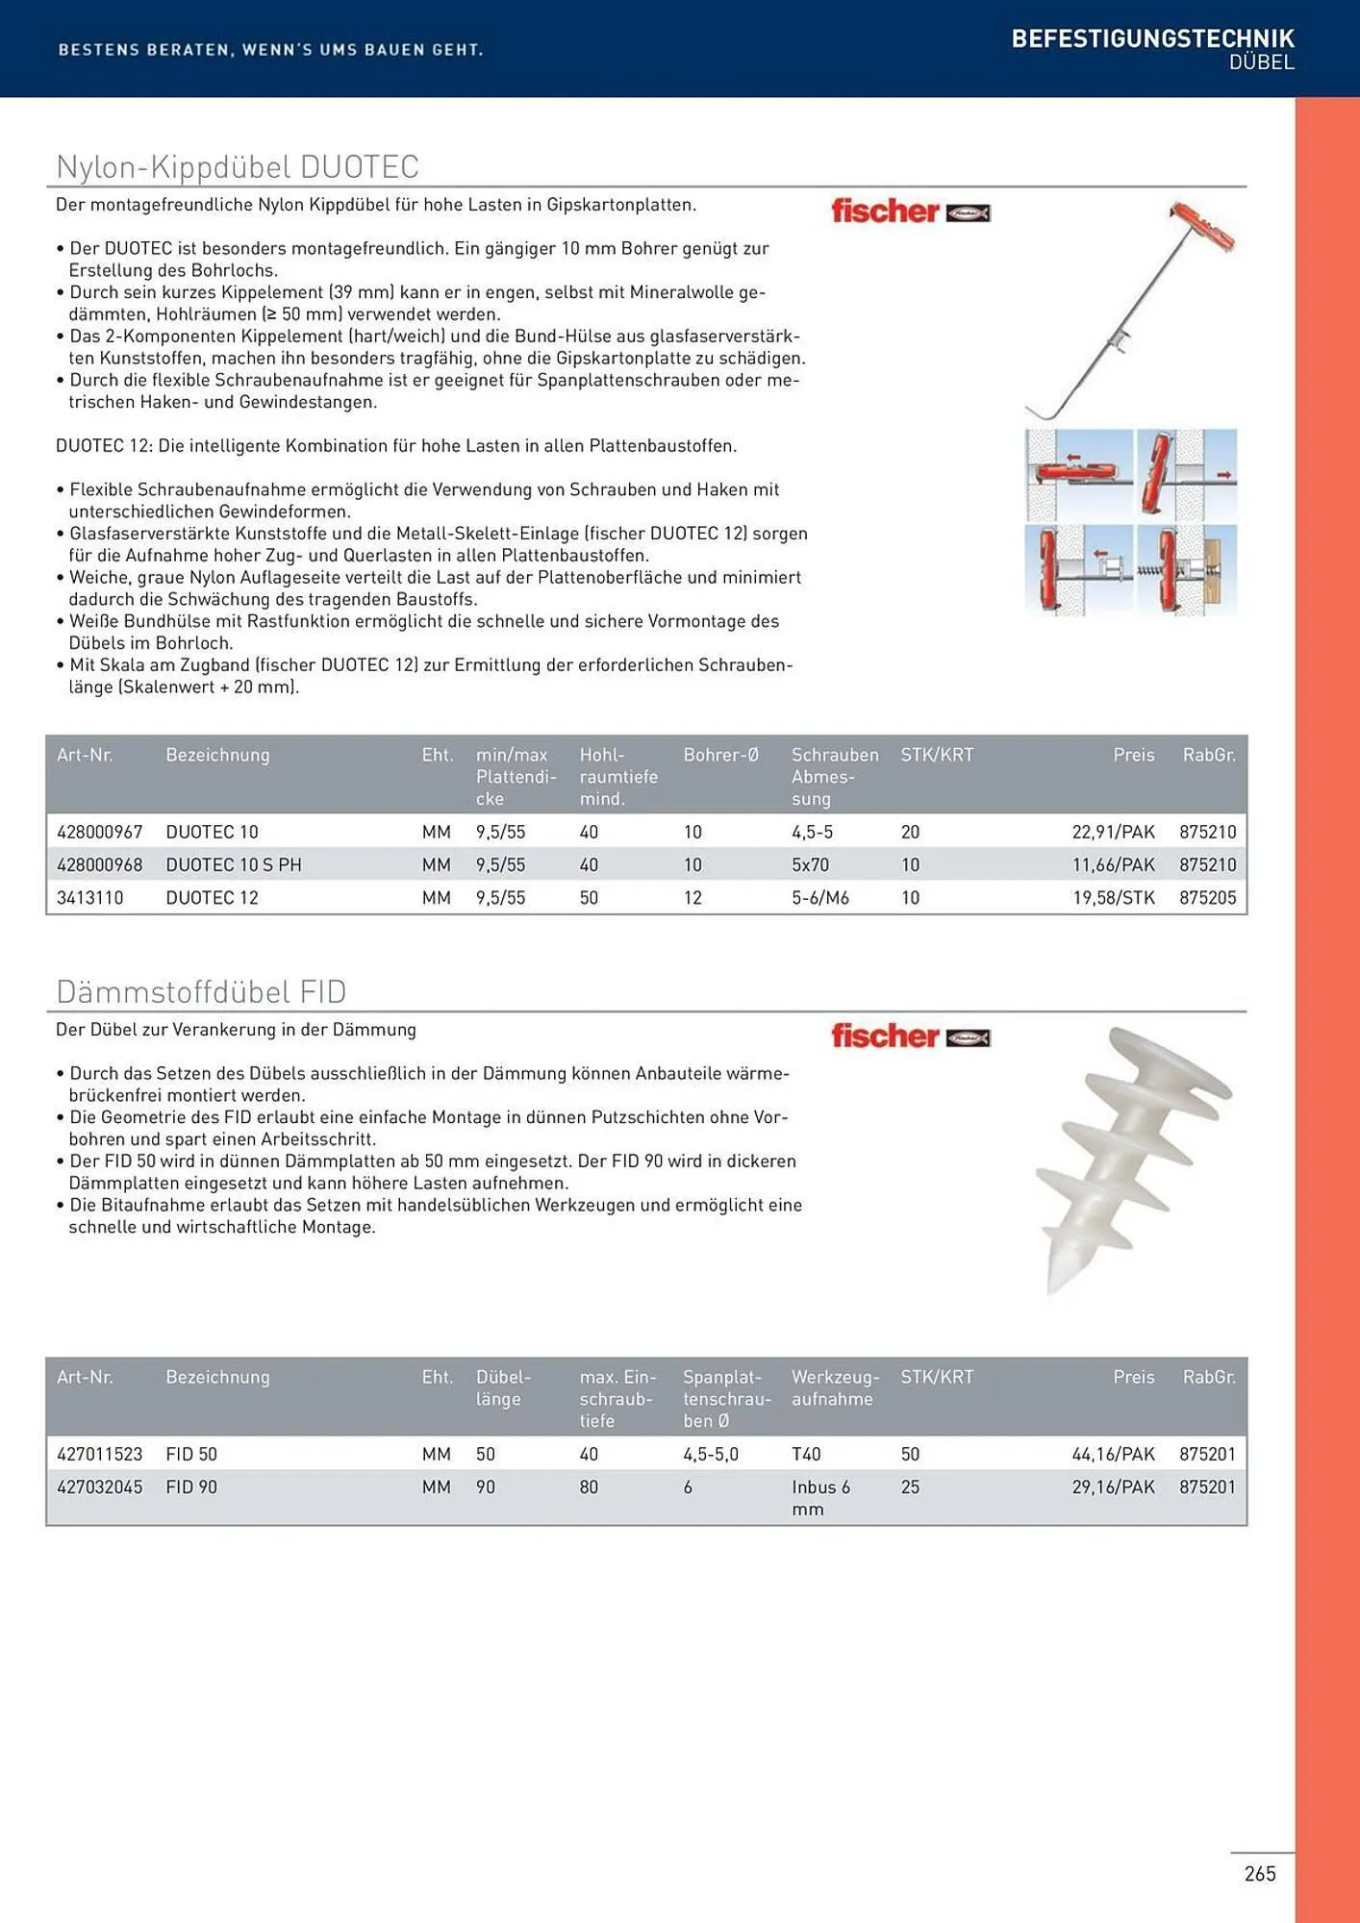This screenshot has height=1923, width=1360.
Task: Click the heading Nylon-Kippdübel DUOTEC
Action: click(238, 167)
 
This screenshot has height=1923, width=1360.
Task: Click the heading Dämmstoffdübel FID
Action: click(201, 991)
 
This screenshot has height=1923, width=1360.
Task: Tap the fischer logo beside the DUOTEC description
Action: click(910, 212)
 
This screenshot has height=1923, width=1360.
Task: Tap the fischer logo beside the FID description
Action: click(910, 1036)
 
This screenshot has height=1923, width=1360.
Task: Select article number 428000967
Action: click(99, 832)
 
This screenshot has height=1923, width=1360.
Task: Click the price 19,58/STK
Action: click(1113, 897)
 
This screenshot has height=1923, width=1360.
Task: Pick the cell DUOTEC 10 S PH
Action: click(233, 864)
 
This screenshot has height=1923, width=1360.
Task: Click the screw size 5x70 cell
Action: click(810, 864)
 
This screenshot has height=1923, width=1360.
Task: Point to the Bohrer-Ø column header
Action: click(720, 755)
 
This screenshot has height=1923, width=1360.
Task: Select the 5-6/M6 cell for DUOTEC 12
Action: click(819, 897)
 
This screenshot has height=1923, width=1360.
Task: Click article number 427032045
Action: click(99, 1486)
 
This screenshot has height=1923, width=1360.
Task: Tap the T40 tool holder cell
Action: click(806, 1454)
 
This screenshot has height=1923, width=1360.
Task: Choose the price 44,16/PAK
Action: click(1113, 1454)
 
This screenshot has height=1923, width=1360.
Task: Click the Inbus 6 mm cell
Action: click(820, 1497)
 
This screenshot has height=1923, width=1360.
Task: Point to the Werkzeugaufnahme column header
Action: click(834, 1387)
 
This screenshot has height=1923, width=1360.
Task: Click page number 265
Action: click(1259, 1873)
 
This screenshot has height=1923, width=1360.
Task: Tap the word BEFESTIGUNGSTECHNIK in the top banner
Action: click(1152, 38)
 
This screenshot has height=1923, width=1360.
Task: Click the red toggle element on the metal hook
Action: click(1203, 227)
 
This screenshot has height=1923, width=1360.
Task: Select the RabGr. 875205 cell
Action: click(1207, 897)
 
